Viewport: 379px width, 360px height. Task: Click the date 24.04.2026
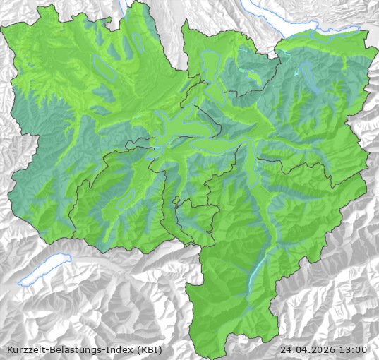pyautogui.click(x=308, y=349)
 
